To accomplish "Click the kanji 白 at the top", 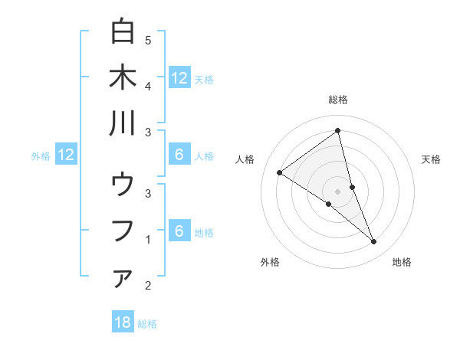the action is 123,31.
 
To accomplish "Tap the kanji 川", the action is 123,123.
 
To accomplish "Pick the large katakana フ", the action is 123,231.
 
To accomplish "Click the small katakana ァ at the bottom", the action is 123,280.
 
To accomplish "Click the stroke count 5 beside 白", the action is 148,40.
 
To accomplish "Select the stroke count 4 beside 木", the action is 148,86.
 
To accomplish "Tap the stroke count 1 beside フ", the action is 148,240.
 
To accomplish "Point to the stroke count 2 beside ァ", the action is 148,286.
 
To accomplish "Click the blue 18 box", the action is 123,322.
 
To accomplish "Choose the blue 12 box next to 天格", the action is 179,77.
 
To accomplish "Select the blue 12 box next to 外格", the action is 66,155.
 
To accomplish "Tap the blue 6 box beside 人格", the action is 179,155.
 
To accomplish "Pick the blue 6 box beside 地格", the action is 179,231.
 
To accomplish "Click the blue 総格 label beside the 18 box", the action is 147,324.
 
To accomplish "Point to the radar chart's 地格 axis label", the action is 402,262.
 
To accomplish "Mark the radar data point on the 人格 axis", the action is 279,172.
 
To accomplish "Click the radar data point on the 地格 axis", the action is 374,242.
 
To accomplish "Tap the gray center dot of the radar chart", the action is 337,191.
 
